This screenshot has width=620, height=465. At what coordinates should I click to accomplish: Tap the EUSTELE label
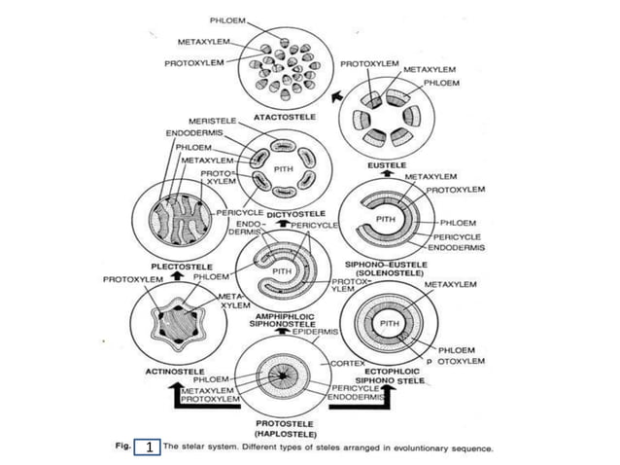click(x=387, y=165)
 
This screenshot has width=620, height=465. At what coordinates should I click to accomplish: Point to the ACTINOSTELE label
click(x=174, y=371)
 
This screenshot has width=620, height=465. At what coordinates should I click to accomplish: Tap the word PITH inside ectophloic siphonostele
click(x=389, y=322)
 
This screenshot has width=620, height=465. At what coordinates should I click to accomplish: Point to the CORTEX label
click(x=347, y=362)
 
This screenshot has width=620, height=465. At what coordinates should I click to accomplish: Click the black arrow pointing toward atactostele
click(x=336, y=96)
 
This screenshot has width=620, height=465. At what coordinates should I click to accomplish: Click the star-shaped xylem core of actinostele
click(x=174, y=320)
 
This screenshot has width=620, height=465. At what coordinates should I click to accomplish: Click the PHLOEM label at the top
click(x=227, y=19)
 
